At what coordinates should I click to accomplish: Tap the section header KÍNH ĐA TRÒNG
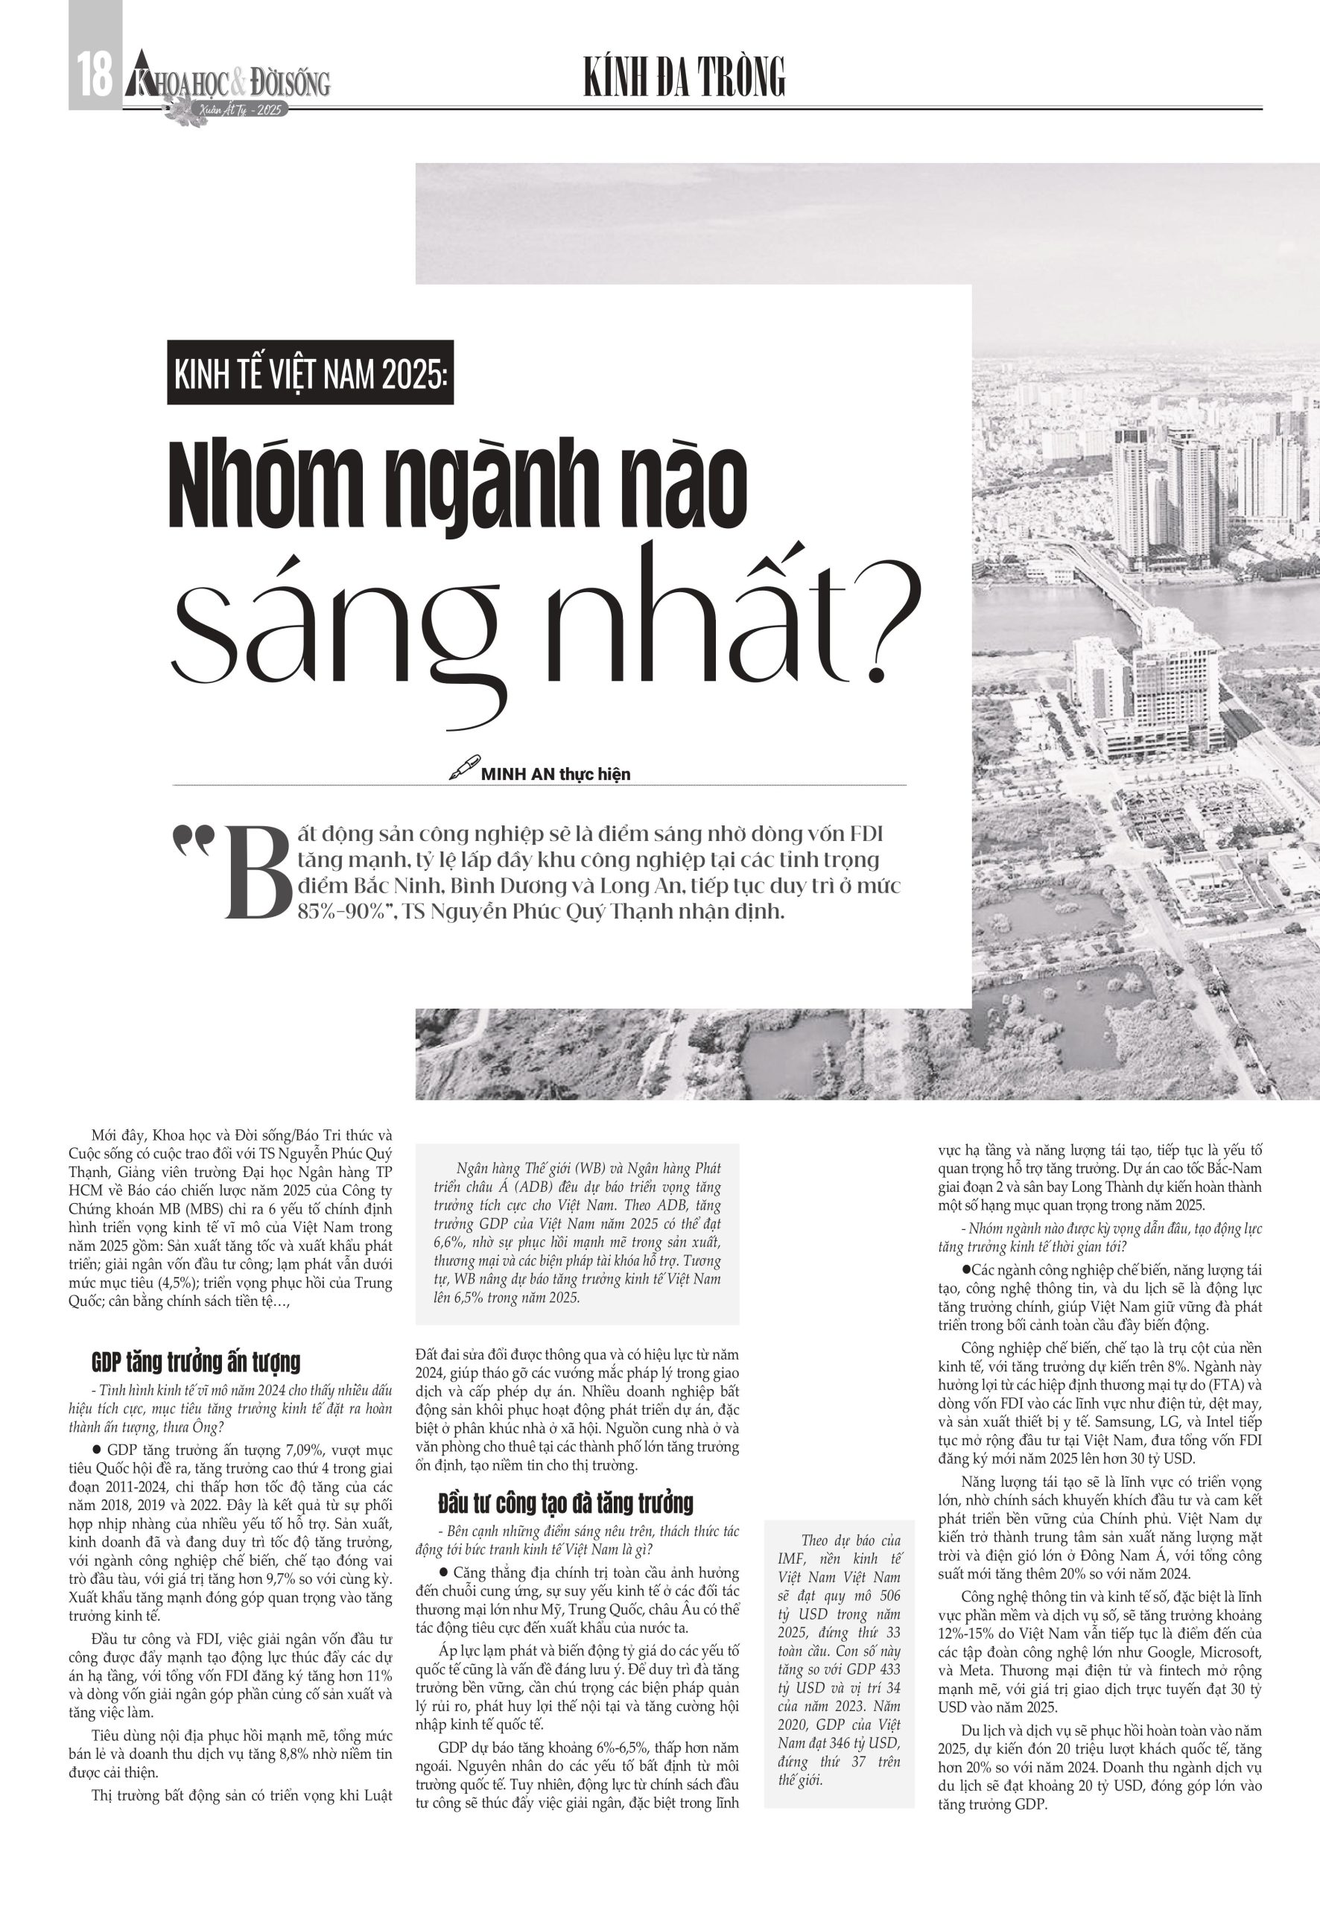click(x=684, y=78)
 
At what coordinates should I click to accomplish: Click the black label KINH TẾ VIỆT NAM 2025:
click(x=310, y=373)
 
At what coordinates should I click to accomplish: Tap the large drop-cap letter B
click(x=258, y=873)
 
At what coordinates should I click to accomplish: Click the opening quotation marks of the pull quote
click(x=193, y=842)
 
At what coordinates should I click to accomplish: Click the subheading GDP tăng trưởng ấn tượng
click(x=196, y=1361)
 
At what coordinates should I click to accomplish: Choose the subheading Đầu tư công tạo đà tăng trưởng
click(x=565, y=1502)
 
